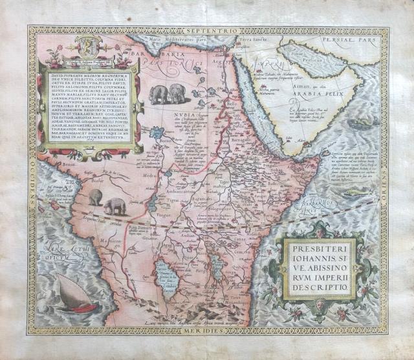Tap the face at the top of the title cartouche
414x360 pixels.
click(316, 231)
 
